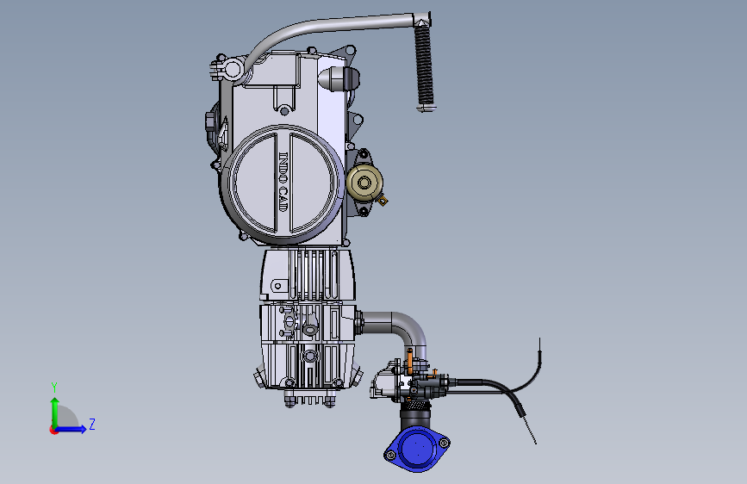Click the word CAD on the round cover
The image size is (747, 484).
283,199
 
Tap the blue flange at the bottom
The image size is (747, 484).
417,449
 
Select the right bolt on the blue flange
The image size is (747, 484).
444,443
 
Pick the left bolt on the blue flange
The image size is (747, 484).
391,456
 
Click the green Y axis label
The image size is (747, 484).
54,388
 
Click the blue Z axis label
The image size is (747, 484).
92,424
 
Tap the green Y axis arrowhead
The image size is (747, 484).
55,402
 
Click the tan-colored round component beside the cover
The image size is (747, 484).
364,182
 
